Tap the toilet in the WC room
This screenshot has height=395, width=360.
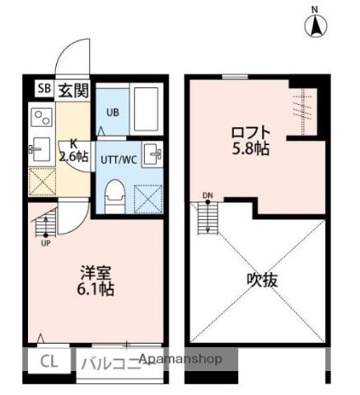coord(115,192)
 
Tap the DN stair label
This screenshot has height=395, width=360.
coord(208,195)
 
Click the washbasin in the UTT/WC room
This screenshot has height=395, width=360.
coord(153,154)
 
